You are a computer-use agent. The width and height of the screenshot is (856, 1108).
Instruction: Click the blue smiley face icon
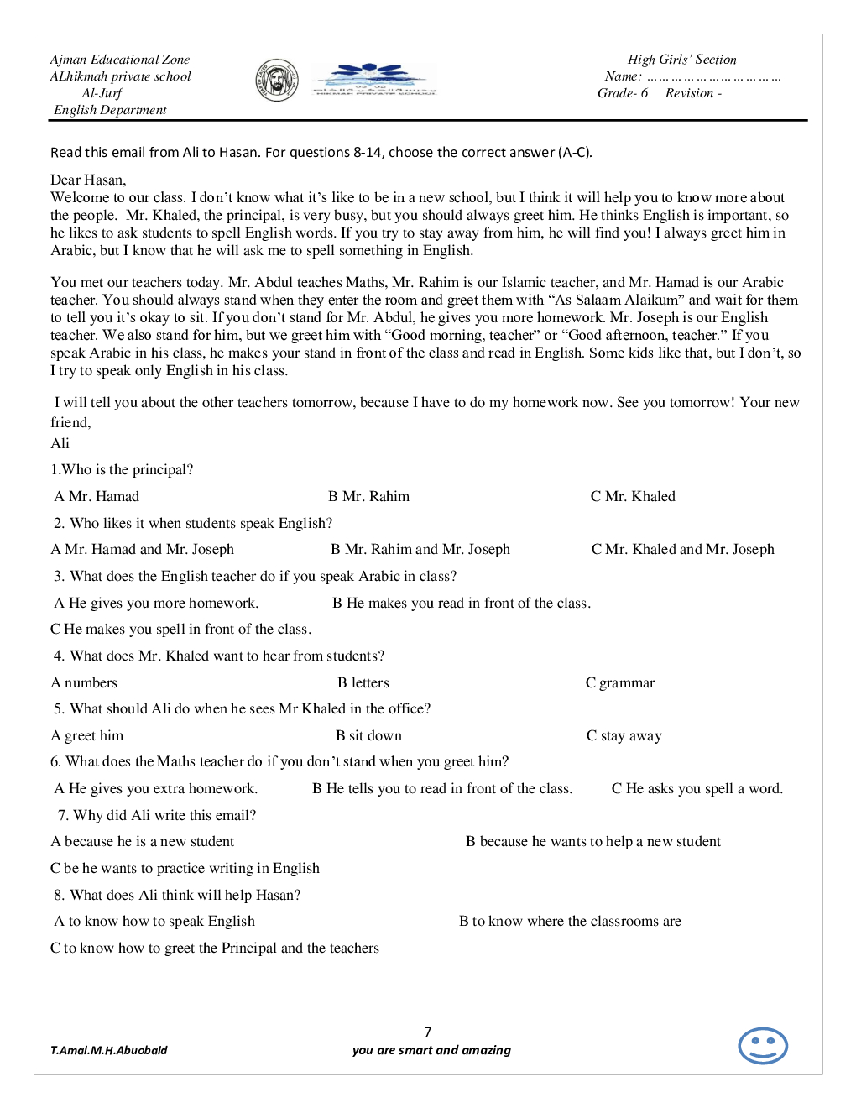click(762, 1046)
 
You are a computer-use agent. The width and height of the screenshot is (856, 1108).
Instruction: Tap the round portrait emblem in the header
click(277, 81)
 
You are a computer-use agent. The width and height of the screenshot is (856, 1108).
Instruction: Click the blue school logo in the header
click(373, 80)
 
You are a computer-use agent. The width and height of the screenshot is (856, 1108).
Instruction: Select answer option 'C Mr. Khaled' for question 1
click(633, 496)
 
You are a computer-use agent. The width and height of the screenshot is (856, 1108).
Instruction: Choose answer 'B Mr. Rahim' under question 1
click(368, 496)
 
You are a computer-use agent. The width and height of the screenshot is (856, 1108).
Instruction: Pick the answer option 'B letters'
click(363, 682)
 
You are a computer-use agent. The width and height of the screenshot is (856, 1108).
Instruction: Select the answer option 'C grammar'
click(620, 682)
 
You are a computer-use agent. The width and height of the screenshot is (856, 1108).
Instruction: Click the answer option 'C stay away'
click(624, 735)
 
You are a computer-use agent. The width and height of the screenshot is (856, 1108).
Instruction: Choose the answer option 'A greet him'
click(87, 735)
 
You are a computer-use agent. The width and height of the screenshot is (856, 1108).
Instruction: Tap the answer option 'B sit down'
click(368, 735)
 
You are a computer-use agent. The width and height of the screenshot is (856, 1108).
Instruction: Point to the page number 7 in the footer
click(428, 1032)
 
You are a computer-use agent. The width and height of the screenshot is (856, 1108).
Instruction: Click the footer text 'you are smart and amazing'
click(431, 1050)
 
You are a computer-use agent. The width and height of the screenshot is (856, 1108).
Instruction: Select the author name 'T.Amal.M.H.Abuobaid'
click(109, 1050)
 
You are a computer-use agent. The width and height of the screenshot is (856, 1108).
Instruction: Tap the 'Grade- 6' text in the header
click(623, 93)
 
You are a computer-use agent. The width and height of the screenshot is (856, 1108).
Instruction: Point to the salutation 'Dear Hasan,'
click(88, 180)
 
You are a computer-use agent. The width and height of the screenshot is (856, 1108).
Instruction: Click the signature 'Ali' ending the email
click(60, 443)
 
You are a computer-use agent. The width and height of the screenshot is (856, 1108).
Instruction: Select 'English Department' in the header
click(110, 110)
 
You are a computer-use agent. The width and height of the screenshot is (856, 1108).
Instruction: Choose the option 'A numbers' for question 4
click(85, 682)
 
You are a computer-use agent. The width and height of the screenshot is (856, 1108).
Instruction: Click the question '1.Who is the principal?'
click(122, 469)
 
